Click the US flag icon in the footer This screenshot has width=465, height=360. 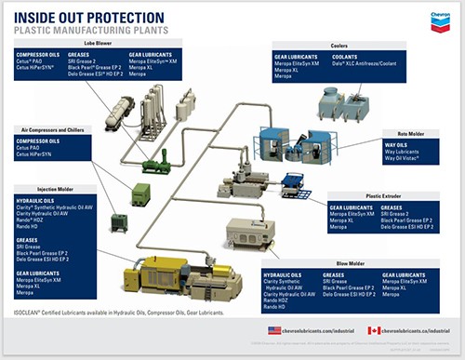point(274,330)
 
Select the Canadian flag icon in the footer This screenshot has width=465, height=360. point(374,330)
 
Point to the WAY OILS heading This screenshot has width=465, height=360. point(394,145)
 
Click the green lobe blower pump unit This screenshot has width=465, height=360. point(157,168)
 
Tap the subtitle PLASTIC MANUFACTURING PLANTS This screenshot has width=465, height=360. point(83,29)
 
